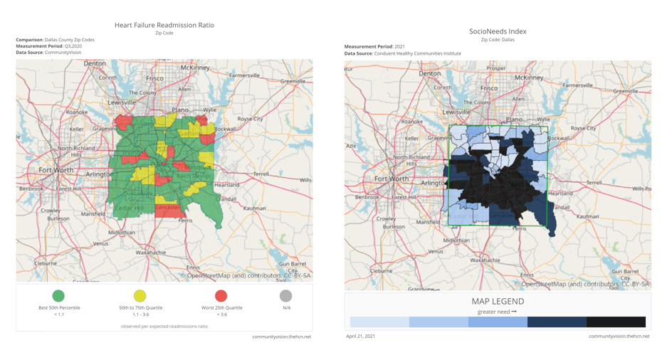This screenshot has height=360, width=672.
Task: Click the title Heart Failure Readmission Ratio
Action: pyautogui.click(x=164, y=25)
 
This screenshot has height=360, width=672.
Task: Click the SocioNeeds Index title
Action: pyautogui.click(x=498, y=31)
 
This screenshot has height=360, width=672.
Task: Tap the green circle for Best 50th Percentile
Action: pyautogui.click(x=58, y=295)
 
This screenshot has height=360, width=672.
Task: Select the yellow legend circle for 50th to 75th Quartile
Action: pyautogui.click(x=140, y=295)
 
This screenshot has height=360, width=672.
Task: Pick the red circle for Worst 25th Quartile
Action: pyautogui.click(x=221, y=295)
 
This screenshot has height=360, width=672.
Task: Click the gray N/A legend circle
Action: pyautogui.click(x=285, y=295)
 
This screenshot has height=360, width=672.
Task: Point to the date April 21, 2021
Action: pyautogui.click(x=360, y=336)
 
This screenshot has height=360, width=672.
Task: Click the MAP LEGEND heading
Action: pyautogui.click(x=498, y=302)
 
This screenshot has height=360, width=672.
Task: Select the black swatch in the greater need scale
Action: pyautogui.click(x=616, y=322)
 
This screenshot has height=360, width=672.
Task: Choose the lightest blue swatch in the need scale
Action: pyautogui.click(x=379, y=322)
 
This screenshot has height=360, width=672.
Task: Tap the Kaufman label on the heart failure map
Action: pyautogui.click(x=254, y=208)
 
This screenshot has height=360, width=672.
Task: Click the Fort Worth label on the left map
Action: pyautogui.click(x=56, y=171)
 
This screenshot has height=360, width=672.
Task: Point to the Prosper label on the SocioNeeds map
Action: pyautogui.click(x=496, y=68)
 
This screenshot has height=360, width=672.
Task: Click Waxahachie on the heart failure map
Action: pyautogui.click(x=151, y=253)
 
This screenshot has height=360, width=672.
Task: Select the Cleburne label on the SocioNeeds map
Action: pyautogui.click(x=381, y=270)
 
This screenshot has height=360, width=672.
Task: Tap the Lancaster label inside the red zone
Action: pyautogui.click(x=168, y=207)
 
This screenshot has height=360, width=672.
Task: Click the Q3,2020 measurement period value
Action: pyautogui.click(x=73, y=46)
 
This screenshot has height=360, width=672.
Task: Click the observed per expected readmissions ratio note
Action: pyautogui.click(x=164, y=326)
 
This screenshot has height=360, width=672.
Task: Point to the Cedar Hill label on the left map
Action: pyautogui.click(x=129, y=208)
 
